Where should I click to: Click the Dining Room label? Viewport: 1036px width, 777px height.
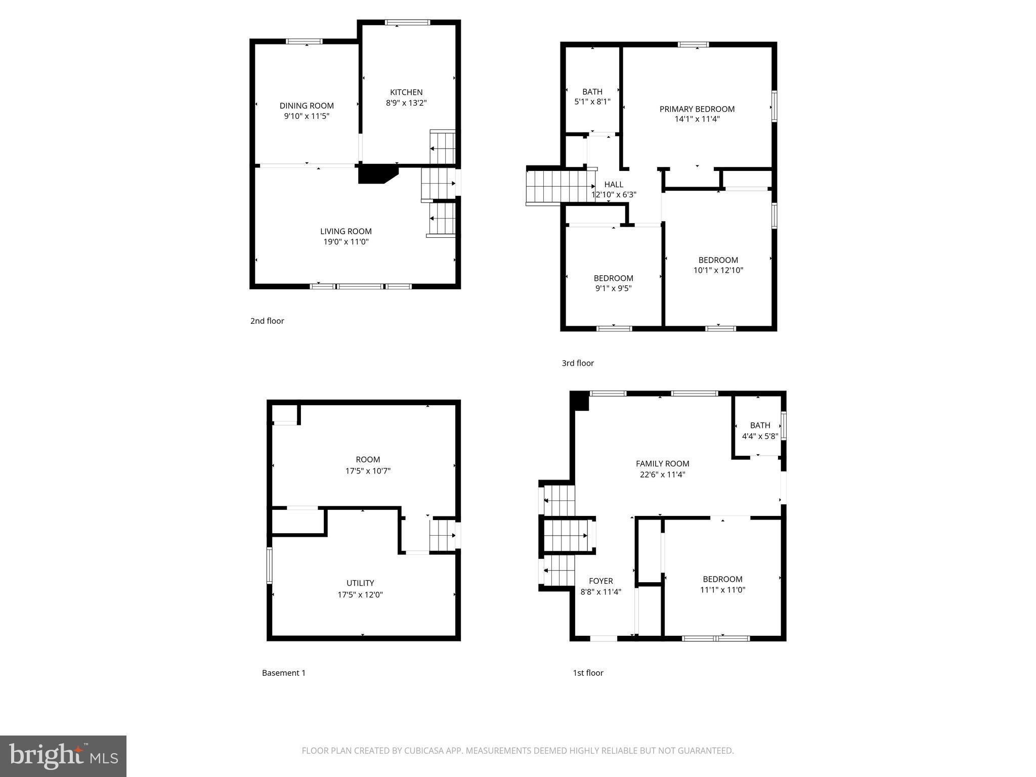[307, 106]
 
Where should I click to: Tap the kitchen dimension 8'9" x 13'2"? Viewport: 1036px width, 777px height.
[406, 103]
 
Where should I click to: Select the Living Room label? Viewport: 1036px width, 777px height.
[346, 231]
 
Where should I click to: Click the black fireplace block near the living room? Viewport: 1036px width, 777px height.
[374, 174]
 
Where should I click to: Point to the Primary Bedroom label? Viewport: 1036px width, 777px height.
[697, 109]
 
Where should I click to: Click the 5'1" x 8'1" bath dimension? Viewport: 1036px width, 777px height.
[592, 102]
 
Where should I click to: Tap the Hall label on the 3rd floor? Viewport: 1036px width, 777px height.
[614, 185]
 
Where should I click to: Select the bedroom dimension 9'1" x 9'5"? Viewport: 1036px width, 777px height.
[613, 288]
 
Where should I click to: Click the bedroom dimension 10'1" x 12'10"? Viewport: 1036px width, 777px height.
[718, 270]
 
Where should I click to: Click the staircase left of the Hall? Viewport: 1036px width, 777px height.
[556, 186]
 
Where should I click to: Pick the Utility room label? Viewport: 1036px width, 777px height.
[360, 583]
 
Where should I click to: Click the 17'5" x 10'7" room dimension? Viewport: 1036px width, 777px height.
[368, 471]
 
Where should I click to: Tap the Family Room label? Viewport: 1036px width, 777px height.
[662, 463]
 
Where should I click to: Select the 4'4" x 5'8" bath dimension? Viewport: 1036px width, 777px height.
[759, 436]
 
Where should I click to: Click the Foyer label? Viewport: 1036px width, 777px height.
[600, 581]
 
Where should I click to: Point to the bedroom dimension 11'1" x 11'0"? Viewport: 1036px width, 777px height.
[722, 590]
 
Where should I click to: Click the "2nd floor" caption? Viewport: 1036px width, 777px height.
[267, 321]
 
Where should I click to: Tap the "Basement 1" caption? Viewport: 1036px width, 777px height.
[283, 673]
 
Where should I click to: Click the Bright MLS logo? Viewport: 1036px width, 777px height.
[63, 756]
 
